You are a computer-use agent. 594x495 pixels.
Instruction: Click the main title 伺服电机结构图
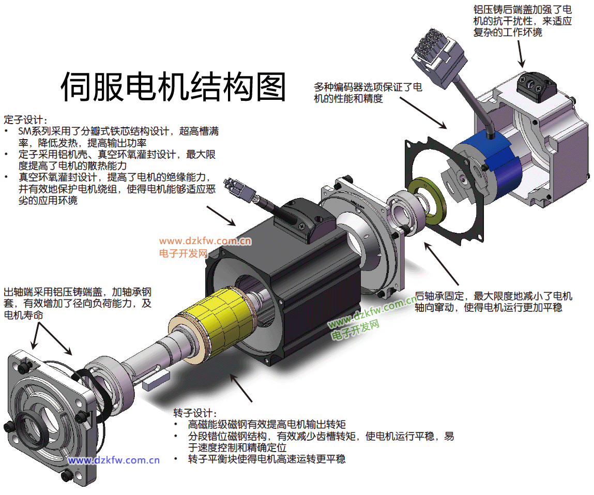(173, 86)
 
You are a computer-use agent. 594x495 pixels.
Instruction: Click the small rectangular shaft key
(156, 381)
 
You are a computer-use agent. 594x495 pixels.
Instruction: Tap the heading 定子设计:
(26, 120)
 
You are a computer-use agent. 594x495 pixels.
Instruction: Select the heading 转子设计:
(195, 413)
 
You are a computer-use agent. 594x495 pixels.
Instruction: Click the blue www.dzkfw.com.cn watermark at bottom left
(114, 460)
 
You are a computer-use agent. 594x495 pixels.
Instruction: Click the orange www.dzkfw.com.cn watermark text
(205, 242)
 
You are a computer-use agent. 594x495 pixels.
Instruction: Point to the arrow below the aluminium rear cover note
(521, 54)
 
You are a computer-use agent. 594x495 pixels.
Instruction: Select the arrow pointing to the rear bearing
(441, 264)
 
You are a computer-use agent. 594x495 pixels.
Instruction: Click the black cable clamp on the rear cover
(537, 86)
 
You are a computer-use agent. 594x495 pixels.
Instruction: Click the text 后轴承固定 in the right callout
(439, 296)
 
